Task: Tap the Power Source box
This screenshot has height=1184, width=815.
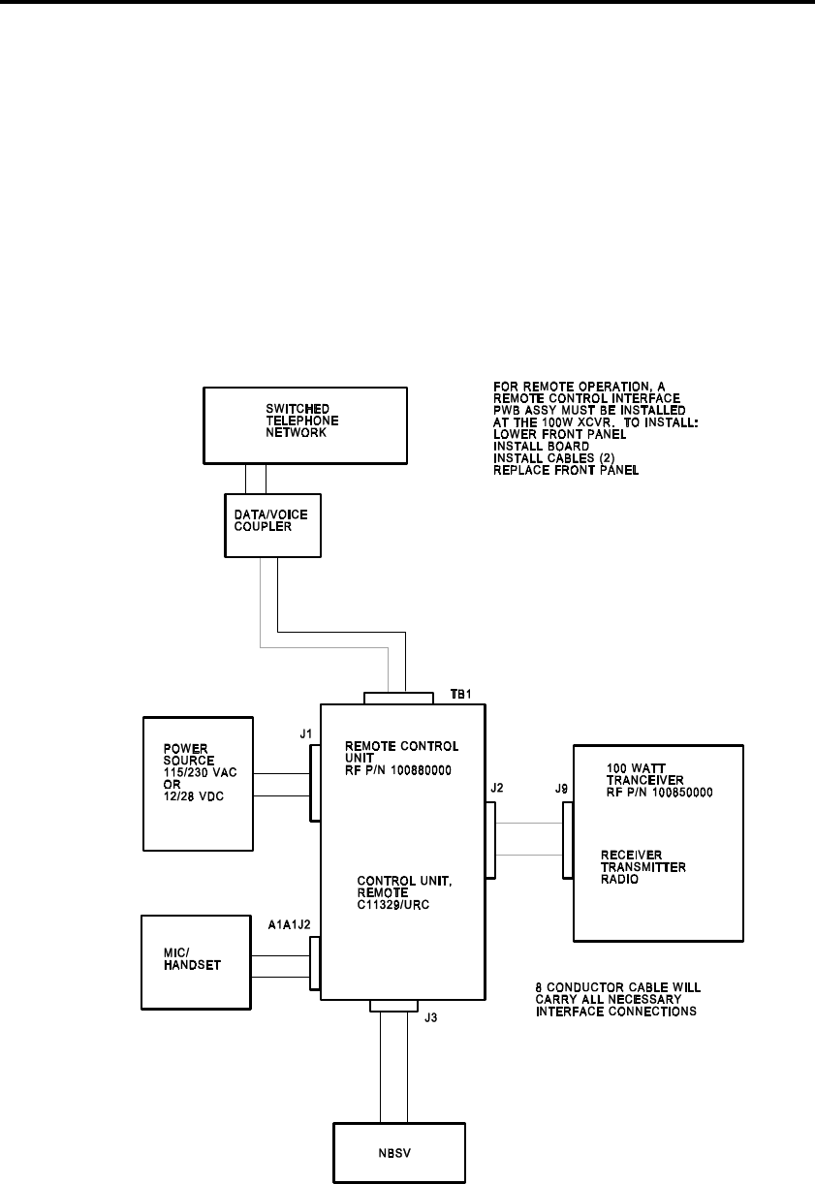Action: tap(198, 784)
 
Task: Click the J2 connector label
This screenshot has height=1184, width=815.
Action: tap(497, 788)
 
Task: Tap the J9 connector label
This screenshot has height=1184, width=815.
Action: tap(562, 789)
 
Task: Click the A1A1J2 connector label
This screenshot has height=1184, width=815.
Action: tap(290, 924)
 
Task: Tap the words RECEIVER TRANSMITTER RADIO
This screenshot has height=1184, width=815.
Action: tap(643, 867)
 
